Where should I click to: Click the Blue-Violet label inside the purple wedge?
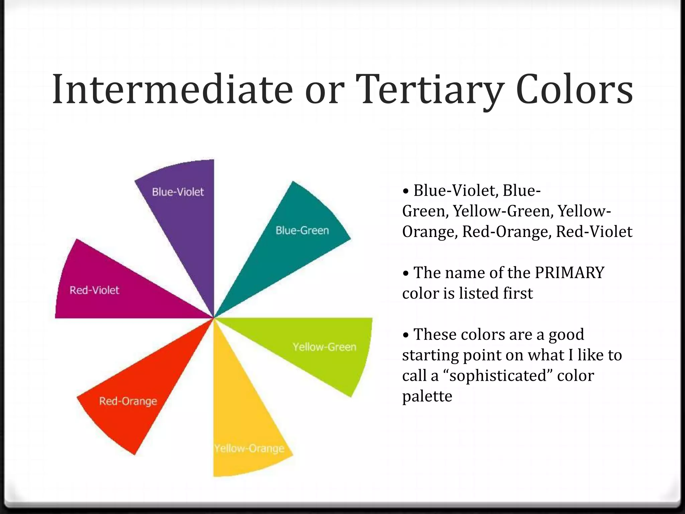point(178,192)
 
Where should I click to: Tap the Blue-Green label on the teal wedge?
point(302,230)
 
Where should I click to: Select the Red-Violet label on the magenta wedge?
point(94,290)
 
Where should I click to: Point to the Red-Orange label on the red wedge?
point(128,401)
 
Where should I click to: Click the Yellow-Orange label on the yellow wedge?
point(249,448)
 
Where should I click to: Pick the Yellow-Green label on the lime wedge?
point(324,347)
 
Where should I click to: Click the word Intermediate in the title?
point(172,90)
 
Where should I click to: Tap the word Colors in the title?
point(574,90)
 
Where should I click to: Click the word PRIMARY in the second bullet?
point(569,272)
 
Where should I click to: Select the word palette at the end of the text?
point(427,396)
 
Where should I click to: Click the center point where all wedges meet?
point(214,318)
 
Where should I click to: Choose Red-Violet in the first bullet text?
point(594,232)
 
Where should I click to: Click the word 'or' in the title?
point(324,90)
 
